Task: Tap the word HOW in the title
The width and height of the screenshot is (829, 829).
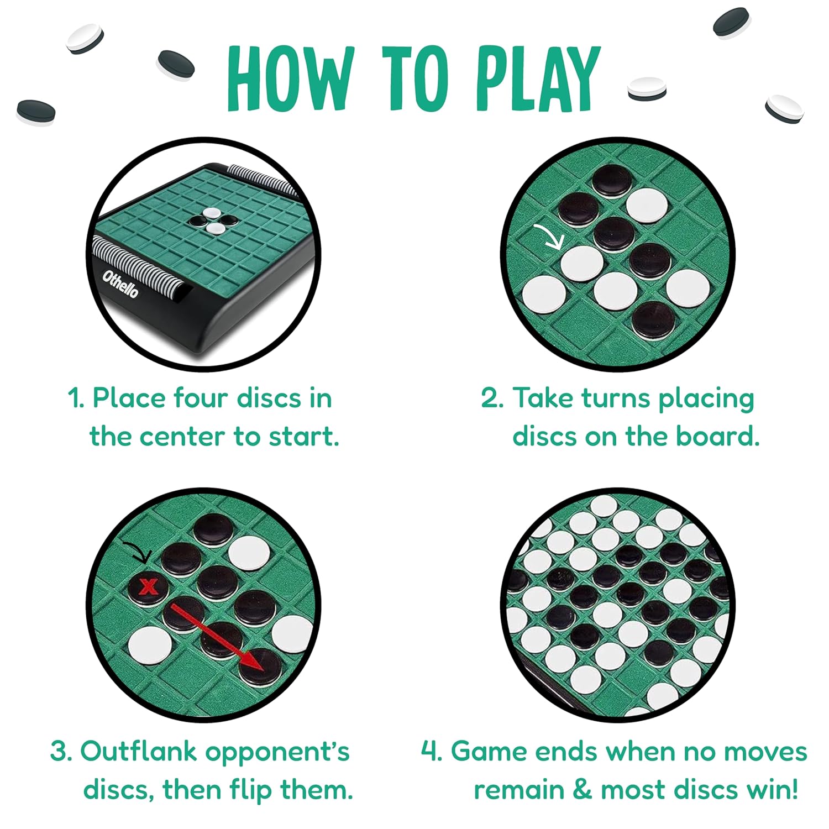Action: (290, 78)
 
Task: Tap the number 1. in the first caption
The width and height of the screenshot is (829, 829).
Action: (76, 398)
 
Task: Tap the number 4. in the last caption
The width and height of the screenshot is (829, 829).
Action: (431, 751)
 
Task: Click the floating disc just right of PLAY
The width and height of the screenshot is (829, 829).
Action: (647, 88)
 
